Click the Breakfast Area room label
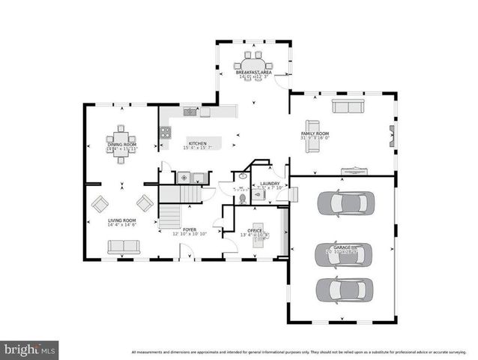tap(255, 72)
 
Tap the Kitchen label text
tap(197, 142)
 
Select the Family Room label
tap(315, 133)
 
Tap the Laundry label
tap(269, 184)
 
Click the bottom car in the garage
tap(344, 289)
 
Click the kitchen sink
tap(190, 112)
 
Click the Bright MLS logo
tap(29, 349)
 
